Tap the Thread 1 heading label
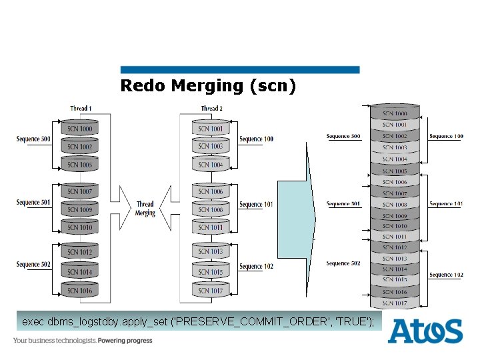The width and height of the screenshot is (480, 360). tap(81, 108)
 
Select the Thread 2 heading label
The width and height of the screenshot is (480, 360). tap(211, 108)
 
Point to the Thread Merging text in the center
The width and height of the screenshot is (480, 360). tap(145, 209)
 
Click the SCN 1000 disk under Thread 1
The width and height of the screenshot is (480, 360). tap(80, 128)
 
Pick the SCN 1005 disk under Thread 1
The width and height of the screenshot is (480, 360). tap(80, 164)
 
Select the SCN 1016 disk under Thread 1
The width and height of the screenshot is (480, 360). tap(80, 290)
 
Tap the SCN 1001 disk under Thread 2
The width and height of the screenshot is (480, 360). tap(211, 128)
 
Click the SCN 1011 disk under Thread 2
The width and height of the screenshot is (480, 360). tap(211, 227)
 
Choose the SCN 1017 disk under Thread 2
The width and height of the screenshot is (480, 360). tap(211, 290)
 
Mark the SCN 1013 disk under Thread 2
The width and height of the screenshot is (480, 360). tap(211, 252)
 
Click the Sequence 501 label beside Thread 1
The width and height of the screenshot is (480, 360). tap(33, 202)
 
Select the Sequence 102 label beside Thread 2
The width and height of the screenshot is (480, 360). tap(256, 267)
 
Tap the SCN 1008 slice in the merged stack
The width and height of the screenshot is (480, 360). tap(395, 205)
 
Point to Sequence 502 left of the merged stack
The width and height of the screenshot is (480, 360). tap(343, 263)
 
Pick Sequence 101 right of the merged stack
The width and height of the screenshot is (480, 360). tap(445, 204)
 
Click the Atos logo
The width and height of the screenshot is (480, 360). tap(425, 331)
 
